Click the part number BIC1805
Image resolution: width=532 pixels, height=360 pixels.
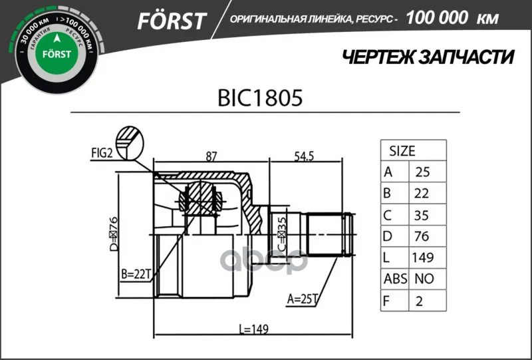(260, 98)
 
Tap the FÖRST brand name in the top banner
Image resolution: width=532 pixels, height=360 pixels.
(172, 21)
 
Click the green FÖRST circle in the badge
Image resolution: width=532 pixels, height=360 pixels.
(57, 54)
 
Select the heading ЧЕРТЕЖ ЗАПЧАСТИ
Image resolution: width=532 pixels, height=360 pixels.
(428, 57)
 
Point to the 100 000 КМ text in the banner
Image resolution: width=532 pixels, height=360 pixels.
(452, 18)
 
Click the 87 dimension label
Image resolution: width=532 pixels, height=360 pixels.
(211, 156)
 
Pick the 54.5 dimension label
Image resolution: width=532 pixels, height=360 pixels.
(304, 156)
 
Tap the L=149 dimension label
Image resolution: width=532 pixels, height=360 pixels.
(254, 329)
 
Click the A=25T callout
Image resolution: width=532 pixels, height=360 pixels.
(302, 299)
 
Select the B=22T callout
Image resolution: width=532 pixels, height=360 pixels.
(136, 273)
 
